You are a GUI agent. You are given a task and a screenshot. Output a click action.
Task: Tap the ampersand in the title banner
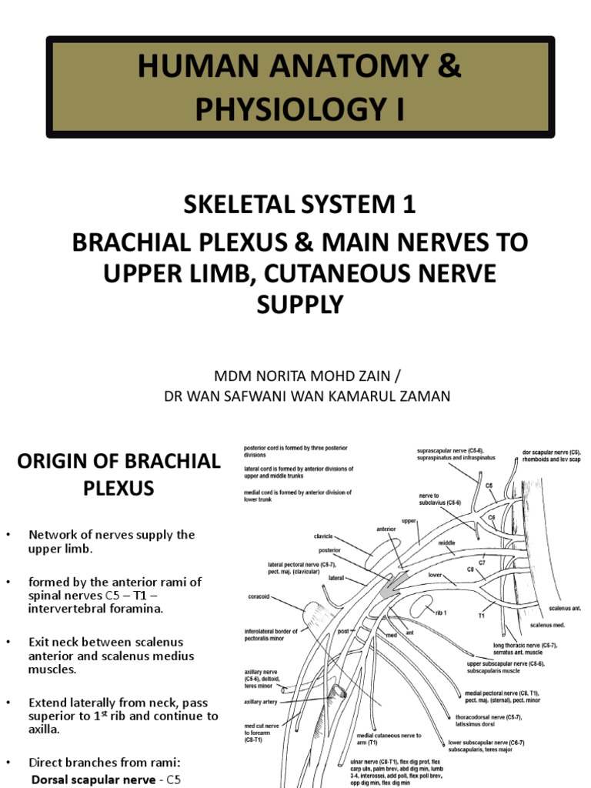coord(449,67)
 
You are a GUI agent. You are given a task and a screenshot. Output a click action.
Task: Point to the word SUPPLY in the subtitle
coord(299,306)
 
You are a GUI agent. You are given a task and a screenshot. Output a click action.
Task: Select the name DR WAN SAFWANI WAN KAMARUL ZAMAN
coord(299,396)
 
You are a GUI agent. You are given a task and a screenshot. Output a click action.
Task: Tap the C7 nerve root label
coord(482,563)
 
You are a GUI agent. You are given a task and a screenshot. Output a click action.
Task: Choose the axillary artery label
coord(262,703)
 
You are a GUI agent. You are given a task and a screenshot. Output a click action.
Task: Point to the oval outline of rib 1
coord(422,607)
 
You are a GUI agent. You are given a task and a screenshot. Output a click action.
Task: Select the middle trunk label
coord(446,543)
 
